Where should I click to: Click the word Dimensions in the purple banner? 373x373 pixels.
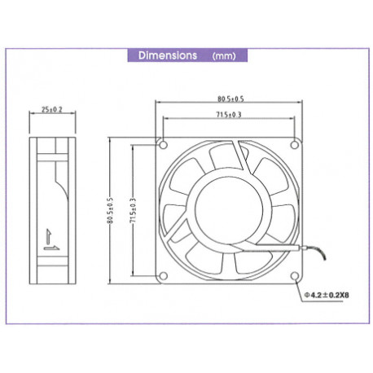click(x=167, y=56)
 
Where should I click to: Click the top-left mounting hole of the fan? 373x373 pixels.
click(x=164, y=146)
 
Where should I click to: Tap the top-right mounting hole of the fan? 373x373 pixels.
click(x=294, y=146)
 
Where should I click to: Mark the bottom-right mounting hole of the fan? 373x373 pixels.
click(x=294, y=277)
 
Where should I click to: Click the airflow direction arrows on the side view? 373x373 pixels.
click(x=50, y=235)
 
